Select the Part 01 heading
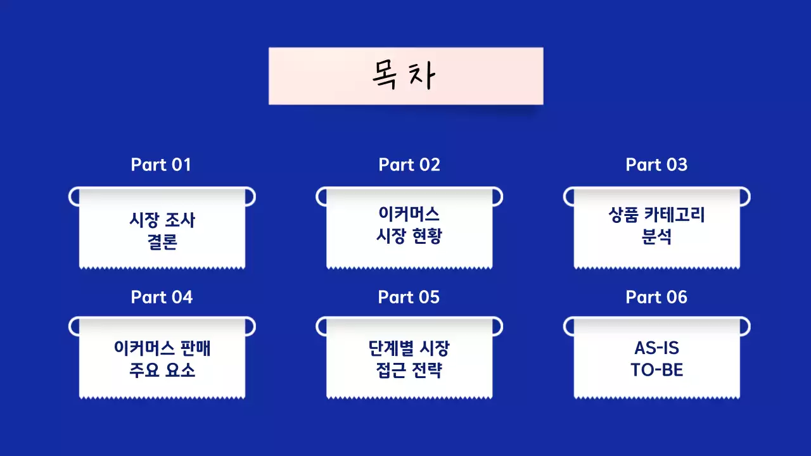point(161,165)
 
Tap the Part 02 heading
point(409,165)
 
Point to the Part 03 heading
point(656,165)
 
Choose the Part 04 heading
point(162,297)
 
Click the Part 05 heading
point(409,297)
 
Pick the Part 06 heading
point(656,297)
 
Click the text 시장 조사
point(162,220)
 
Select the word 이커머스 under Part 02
point(409,213)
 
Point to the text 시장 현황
point(409,236)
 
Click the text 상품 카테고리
point(656,215)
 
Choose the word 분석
point(656,237)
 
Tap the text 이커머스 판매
point(162,348)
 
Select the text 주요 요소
point(162,370)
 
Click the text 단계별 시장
point(409,348)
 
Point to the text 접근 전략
point(409,370)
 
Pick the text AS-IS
point(656,348)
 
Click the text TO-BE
point(656,370)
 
